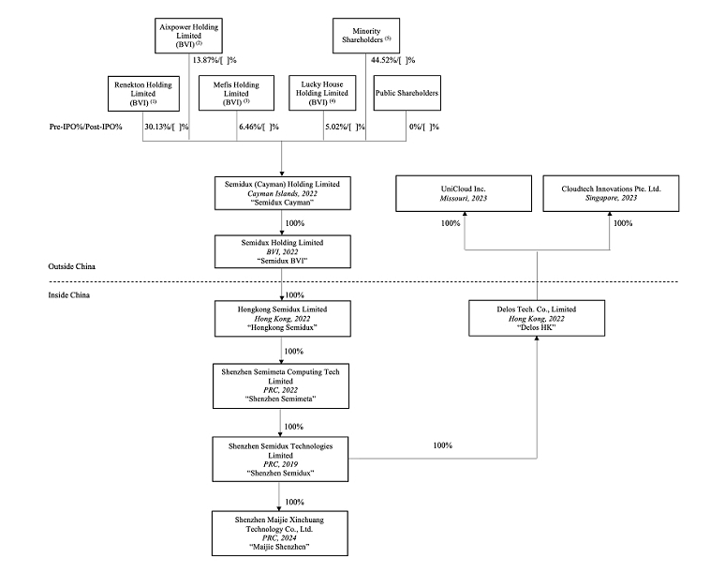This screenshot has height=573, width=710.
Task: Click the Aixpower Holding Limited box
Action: (188, 36)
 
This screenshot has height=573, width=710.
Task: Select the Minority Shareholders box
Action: (366, 36)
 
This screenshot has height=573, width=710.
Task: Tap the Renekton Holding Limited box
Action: (143, 94)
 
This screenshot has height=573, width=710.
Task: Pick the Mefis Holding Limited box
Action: (236, 93)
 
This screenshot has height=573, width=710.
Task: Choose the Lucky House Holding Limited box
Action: (322, 93)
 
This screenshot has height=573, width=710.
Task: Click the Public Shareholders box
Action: (407, 93)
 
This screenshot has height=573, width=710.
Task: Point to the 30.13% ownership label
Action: (166, 127)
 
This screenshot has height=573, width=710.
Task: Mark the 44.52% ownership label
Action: (393, 60)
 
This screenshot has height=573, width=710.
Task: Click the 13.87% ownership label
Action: (214, 60)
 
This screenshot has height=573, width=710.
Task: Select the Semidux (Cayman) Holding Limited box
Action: (283, 193)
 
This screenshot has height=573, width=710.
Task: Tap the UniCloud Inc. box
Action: (464, 193)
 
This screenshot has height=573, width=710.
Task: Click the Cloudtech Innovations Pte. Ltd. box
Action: (611, 193)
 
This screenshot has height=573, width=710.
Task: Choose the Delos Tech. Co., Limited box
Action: (537, 318)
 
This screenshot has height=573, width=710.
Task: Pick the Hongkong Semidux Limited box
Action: (283, 319)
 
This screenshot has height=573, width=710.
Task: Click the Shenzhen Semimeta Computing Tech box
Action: (281, 385)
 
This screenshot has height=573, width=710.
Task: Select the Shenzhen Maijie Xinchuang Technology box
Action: (280, 534)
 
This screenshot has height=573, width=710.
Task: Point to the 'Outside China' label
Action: (71, 266)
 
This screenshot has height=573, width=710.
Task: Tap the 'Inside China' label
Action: (68, 295)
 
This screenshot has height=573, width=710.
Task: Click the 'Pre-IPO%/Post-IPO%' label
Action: (85, 127)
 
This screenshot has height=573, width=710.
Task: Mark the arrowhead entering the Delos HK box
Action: (537, 339)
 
